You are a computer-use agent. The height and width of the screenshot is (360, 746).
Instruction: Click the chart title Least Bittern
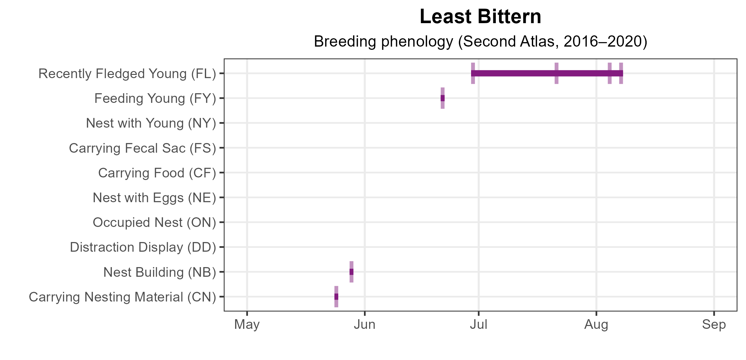pyautogui.click(x=480, y=17)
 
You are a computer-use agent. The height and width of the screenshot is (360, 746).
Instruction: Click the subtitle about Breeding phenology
pyautogui.click(x=480, y=42)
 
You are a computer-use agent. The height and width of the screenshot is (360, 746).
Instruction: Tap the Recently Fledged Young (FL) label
pyautogui.click(x=127, y=74)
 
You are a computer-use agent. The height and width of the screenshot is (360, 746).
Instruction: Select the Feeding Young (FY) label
pyautogui.click(x=155, y=98)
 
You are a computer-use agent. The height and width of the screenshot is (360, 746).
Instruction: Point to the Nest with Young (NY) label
pyautogui.click(x=151, y=123)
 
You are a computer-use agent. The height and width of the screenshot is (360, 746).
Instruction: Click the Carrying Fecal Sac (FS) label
pyautogui.click(x=142, y=148)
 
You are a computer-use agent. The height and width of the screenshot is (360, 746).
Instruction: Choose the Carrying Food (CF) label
pyautogui.click(x=157, y=173)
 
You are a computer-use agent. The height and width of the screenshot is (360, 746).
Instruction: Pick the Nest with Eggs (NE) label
pyautogui.click(x=154, y=198)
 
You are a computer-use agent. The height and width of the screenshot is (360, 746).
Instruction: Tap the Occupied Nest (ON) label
pyautogui.click(x=154, y=222)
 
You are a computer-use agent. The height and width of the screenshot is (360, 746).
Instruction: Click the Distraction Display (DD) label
pyautogui.click(x=143, y=247)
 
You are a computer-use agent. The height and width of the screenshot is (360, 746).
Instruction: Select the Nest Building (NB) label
pyautogui.click(x=159, y=272)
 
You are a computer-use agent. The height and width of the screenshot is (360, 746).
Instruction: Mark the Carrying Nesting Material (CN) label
pyautogui.click(x=122, y=297)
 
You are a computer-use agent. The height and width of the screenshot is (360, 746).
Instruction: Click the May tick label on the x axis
pyautogui.click(x=247, y=325)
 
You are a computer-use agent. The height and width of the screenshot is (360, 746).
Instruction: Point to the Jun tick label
pyautogui.click(x=365, y=325)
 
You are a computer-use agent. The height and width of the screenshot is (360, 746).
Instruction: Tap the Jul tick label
pyautogui.click(x=479, y=325)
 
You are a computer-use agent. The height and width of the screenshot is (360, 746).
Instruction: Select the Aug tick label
pyautogui.click(x=596, y=325)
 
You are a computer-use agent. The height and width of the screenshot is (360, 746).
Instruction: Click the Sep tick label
pyautogui.click(x=714, y=325)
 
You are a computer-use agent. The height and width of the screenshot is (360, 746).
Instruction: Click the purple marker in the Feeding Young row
pyautogui.click(x=443, y=98)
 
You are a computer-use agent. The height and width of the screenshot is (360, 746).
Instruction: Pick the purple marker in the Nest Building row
pyautogui.click(x=351, y=272)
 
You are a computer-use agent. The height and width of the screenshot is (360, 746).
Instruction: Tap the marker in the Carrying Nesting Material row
pyautogui.click(x=336, y=297)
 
